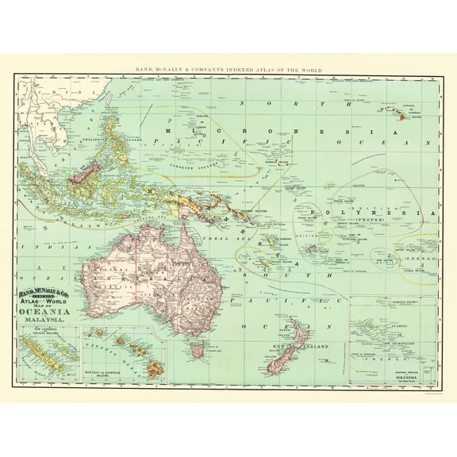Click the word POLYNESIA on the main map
point(373,213)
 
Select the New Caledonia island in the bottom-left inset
point(43,354)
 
